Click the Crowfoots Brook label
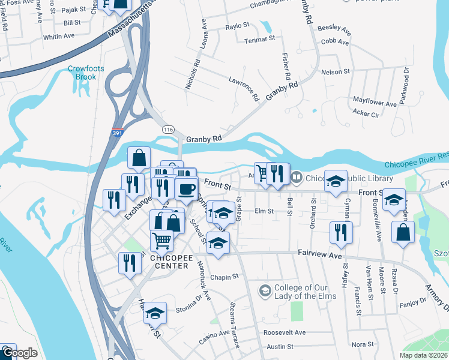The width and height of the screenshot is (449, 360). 86,73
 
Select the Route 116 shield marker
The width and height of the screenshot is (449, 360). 167,129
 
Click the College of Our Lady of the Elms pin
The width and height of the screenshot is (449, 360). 264,290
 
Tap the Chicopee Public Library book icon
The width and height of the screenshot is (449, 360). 296,178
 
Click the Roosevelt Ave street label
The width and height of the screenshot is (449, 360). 285,332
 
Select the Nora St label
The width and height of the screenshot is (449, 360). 363,344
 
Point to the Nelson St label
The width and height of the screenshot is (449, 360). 336,71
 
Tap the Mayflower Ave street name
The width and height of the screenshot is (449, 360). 375,102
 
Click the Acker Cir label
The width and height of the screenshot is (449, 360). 366,113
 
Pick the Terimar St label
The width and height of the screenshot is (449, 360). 259,41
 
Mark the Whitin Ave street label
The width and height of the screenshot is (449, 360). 59,36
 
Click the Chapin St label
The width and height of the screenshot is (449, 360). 224,277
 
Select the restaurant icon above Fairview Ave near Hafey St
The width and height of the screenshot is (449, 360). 341,233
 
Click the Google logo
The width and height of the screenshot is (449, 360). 19,353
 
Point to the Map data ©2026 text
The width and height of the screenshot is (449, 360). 423,355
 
